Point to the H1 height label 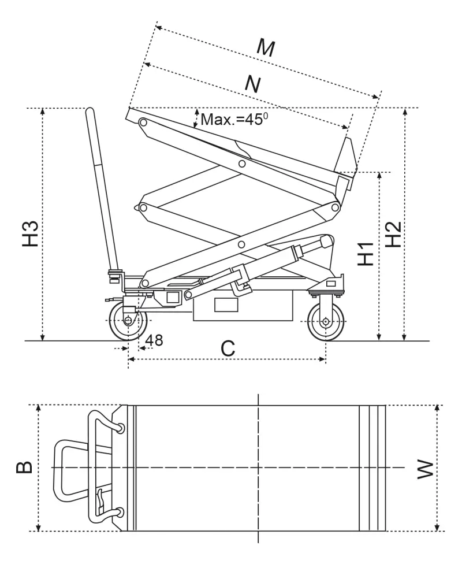point(365,254)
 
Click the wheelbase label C point(228,348)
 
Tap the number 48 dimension point(154,340)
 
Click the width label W point(424,469)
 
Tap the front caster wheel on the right point(326,321)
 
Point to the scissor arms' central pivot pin point(241,244)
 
